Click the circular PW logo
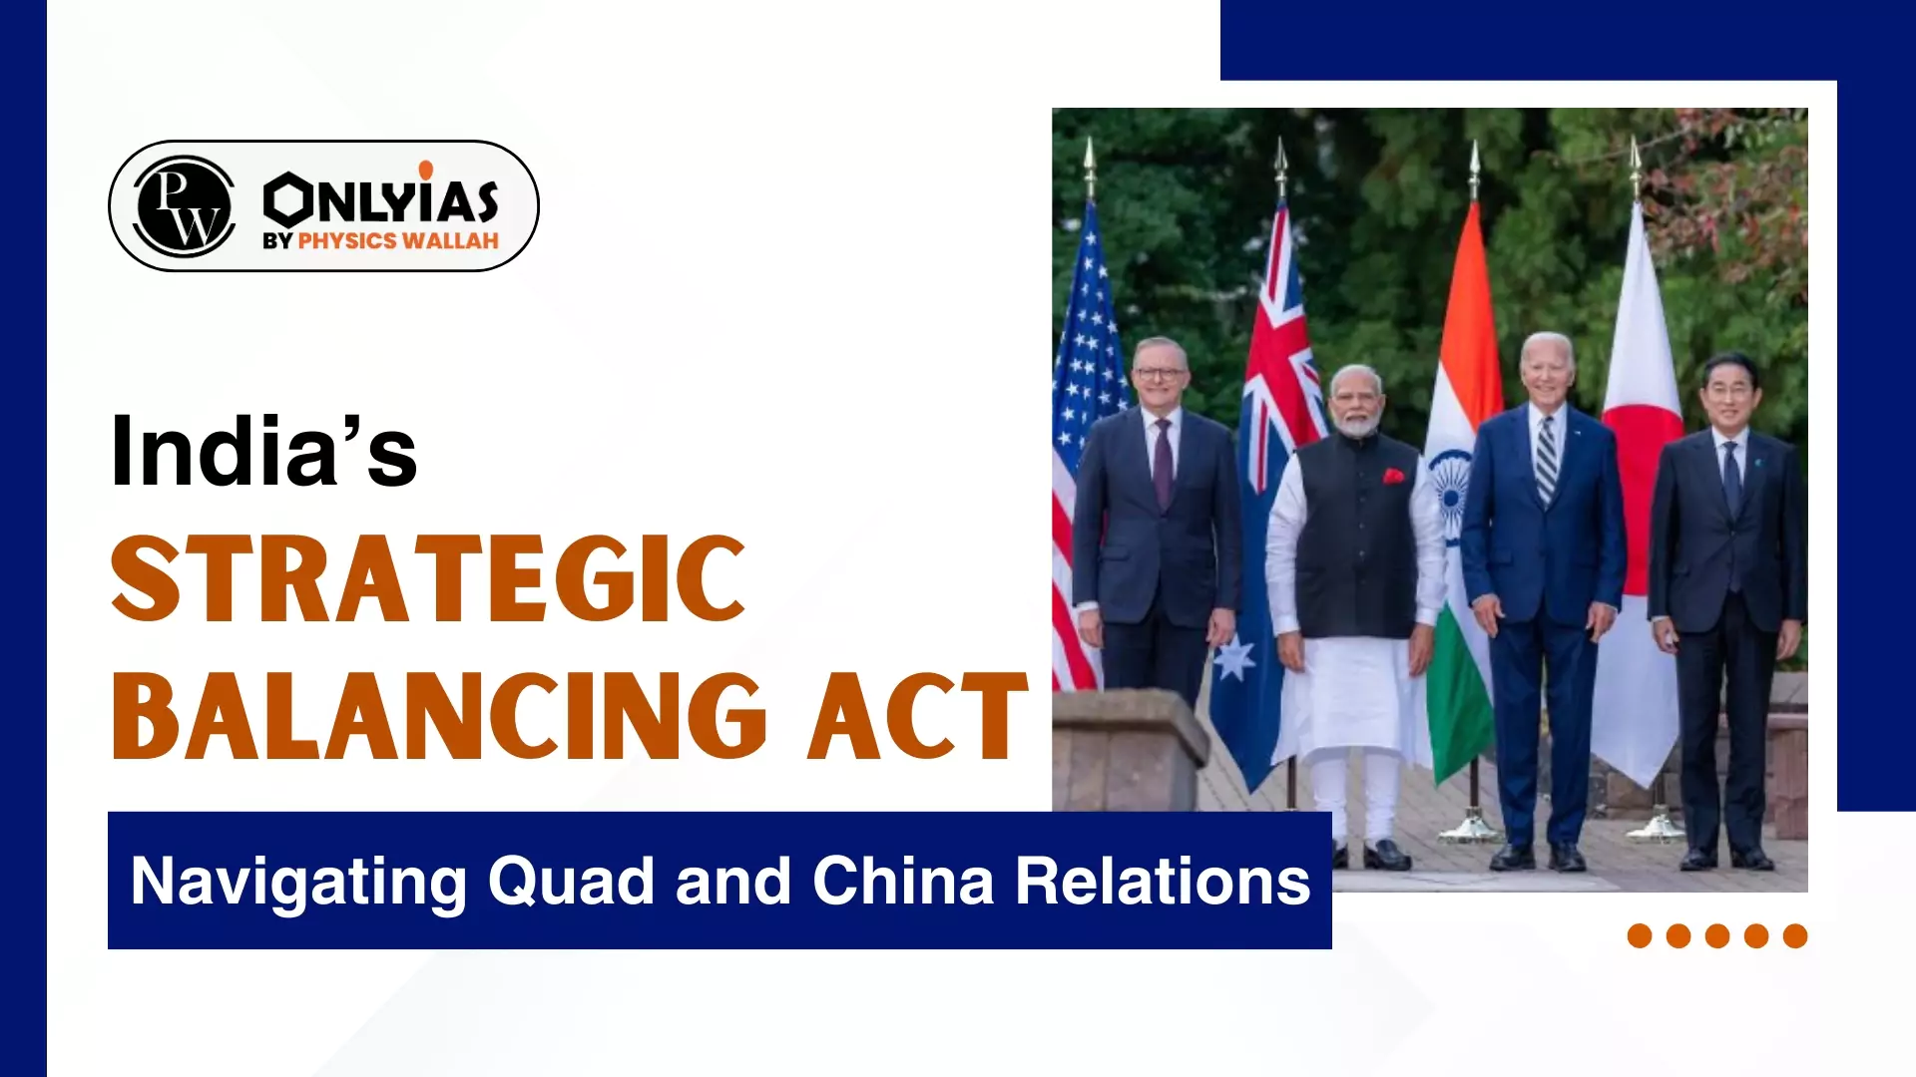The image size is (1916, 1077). point(184,206)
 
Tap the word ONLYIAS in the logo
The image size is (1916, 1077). point(380,199)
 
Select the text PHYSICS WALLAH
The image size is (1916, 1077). point(398,241)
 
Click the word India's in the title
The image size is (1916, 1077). point(263,452)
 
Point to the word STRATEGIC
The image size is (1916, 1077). point(428,579)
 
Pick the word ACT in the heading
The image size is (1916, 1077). point(918,715)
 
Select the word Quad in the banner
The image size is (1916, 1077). point(570,882)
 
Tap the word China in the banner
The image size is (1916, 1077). point(903,882)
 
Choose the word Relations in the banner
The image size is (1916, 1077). point(1163,882)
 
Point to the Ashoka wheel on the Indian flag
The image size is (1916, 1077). point(1452,484)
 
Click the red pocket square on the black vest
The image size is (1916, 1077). point(1393,477)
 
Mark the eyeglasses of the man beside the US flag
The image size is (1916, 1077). point(1160,374)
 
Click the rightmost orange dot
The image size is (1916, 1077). point(1795,935)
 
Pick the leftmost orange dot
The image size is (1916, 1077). point(1640,935)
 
